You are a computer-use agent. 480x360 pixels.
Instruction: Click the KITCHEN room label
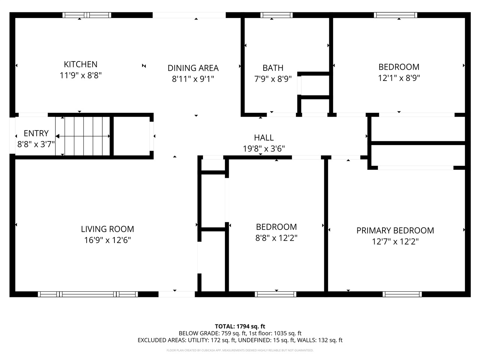(81, 64)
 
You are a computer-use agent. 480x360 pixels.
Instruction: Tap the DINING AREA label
(193, 68)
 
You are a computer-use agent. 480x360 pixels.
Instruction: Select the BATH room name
(273, 68)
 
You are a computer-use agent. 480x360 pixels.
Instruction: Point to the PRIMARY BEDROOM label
(395, 230)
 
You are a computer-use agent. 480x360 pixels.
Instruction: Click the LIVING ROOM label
(107, 229)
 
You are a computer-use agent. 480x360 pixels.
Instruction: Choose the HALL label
(264, 138)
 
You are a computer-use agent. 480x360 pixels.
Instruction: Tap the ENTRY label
(36, 133)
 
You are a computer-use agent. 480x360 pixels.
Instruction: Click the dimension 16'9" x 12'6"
(107, 240)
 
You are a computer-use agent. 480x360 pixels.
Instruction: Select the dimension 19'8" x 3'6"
(264, 148)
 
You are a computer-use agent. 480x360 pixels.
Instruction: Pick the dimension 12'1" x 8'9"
(399, 78)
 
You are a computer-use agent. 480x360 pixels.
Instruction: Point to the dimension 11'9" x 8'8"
(81, 75)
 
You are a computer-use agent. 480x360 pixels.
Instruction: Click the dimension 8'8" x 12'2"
(276, 238)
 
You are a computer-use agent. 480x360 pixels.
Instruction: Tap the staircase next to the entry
(83, 136)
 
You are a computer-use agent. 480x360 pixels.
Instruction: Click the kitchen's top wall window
(87, 15)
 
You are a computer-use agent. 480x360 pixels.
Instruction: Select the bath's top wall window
(276, 15)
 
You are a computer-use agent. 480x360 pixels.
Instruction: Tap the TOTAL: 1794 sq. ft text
(240, 326)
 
